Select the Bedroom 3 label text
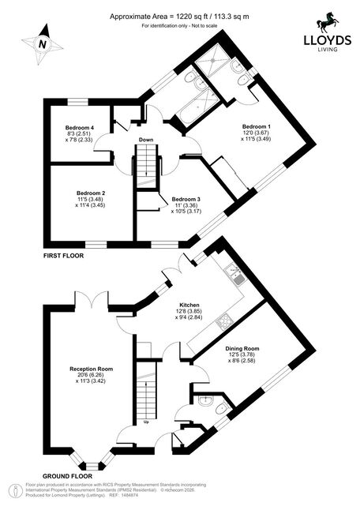pos(186,199)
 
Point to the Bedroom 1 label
pos(257,126)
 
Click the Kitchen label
pos(189,305)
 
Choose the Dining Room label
pos(242,349)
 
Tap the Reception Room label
pos(92,369)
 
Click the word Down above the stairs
pos(146,140)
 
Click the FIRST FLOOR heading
pos(63,256)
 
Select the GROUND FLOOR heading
pos(67,476)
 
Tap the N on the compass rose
pos(42,44)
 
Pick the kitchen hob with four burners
pos(223,321)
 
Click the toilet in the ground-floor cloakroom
pos(223,407)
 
